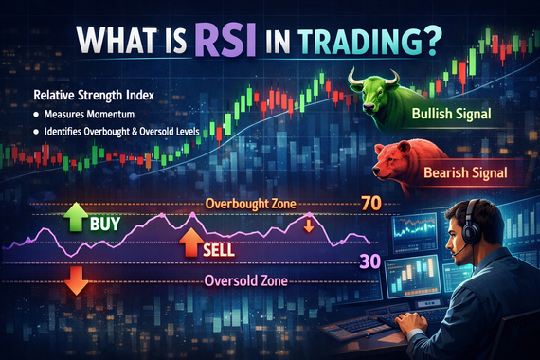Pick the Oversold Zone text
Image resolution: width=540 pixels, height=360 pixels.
click(246, 281)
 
